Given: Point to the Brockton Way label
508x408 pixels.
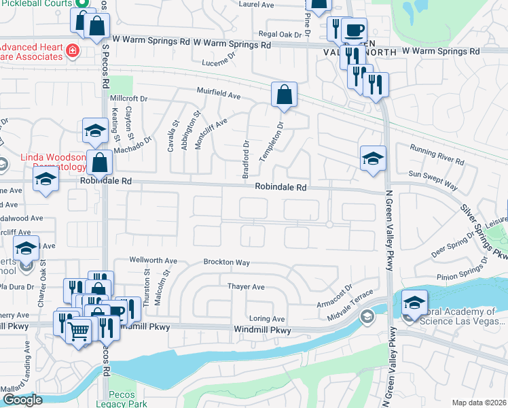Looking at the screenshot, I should tap(228, 262).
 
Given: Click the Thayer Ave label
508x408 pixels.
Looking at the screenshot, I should tap(246, 287).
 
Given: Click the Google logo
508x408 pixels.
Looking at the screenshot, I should tap(22, 400).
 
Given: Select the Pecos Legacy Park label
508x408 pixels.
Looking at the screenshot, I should tap(127, 399).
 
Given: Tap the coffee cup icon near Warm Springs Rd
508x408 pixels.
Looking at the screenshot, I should tap(353, 30).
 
